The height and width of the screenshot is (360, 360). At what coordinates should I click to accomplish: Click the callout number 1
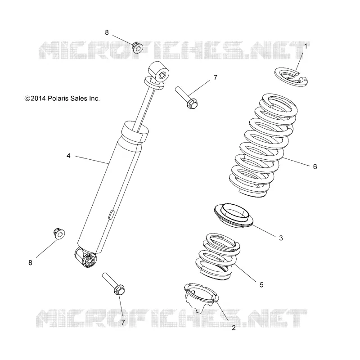[306, 46]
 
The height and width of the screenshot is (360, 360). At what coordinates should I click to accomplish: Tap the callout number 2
[234, 328]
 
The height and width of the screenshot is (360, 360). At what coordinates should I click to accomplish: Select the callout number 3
[281, 238]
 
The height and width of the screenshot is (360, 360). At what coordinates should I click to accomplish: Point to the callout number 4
[68, 156]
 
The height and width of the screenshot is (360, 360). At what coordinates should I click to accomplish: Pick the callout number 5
[261, 285]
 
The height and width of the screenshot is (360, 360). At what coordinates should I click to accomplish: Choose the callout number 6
[315, 166]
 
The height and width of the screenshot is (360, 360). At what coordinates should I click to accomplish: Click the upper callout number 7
[215, 77]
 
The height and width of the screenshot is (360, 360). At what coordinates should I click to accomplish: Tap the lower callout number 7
[123, 323]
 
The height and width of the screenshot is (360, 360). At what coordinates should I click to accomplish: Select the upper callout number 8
[107, 32]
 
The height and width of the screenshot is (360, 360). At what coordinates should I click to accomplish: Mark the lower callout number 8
[30, 263]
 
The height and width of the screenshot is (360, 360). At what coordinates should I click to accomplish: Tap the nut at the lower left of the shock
[59, 234]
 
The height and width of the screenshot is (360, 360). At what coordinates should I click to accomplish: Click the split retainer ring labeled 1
[291, 77]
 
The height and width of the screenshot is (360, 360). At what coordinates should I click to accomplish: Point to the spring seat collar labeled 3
[234, 216]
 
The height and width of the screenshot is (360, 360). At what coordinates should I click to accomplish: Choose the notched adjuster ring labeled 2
[201, 297]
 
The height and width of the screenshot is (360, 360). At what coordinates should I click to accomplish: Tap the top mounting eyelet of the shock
[159, 71]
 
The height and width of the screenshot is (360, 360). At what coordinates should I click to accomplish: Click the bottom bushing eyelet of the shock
[86, 257]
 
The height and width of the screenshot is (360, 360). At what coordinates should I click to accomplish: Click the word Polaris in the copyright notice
[58, 99]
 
